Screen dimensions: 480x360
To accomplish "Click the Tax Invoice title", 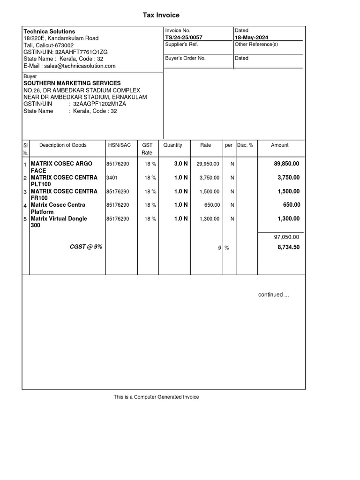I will (x=161, y=15).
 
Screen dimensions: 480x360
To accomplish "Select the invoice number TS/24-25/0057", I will (x=184, y=37).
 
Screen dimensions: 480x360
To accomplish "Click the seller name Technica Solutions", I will (x=49, y=31).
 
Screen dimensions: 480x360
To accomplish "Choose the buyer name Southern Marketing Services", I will (x=72, y=83).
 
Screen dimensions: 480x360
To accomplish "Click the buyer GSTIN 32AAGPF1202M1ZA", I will (x=99, y=104).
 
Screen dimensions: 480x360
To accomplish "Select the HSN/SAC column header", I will (x=120, y=145).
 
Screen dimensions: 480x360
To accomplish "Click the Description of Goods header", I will (x=63, y=145).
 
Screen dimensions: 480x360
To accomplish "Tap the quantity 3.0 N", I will (x=181, y=164).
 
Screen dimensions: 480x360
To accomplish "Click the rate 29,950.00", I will (x=208, y=164).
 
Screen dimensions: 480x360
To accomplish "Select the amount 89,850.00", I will (x=286, y=164).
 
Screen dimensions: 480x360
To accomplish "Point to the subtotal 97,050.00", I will (x=286, y=237).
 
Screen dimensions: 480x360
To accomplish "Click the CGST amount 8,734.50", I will (x=288, y=247).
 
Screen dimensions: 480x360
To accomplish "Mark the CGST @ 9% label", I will (x=86, y=247).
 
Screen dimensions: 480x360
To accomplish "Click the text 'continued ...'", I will (x=274, y=295).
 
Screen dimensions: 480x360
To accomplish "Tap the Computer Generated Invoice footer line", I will (x=156, y=397).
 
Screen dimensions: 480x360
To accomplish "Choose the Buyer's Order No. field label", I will (x=185, y=59).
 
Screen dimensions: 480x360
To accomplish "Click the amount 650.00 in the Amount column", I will (x=292, y=205).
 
